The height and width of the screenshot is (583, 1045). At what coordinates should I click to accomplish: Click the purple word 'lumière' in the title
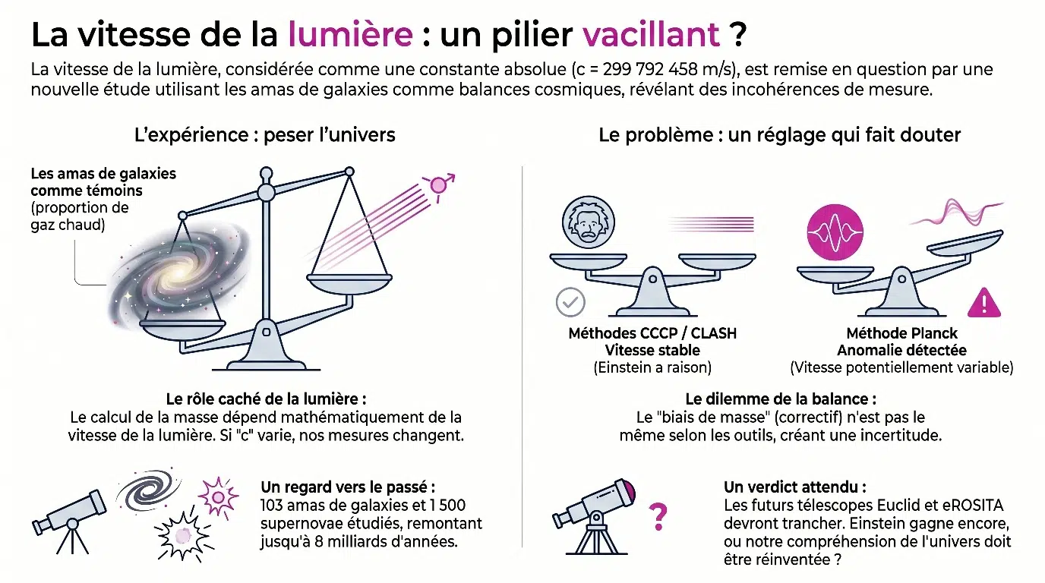pos(350,34)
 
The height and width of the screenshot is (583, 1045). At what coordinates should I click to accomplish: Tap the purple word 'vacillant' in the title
pos(652,34)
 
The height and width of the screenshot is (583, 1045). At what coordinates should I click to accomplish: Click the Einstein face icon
pos(589,222)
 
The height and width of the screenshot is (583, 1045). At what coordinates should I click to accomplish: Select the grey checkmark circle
pos(570,302)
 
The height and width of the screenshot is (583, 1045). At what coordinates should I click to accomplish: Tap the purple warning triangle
pos(984,303)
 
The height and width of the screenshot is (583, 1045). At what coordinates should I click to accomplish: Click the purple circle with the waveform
pos(835,232)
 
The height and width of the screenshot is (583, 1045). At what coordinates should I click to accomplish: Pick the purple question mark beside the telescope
pos(658,516)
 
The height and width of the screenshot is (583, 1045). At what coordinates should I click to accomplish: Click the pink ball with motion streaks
pos(438,186)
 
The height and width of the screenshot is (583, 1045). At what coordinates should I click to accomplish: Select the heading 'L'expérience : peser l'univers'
pos(265,135)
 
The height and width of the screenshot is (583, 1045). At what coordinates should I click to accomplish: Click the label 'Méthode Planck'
pos(901,333)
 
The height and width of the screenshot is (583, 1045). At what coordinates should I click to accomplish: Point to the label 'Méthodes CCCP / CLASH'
pos(652,333)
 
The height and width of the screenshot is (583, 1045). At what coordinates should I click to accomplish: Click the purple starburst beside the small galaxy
pos(218,497)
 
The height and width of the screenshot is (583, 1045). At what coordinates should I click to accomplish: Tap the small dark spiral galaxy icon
pos(148,490)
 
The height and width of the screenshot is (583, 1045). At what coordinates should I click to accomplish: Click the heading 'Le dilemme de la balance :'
pos(781,399)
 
